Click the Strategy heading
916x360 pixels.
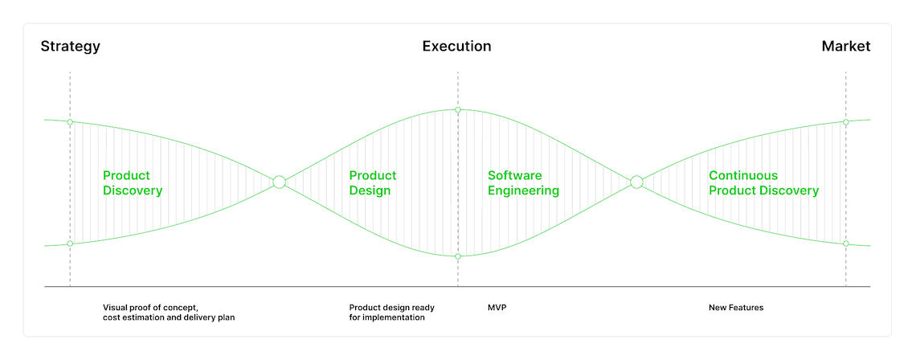click(x=70, y=47)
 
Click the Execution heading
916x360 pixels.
click(x=457, y=46)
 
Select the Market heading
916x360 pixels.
click(x=846, y=46)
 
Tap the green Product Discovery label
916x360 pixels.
click(x=133, y=183)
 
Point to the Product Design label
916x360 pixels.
click(x=373, y=183)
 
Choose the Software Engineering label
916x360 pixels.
click(x=523, y=183)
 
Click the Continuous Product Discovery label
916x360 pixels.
click(x=763, y=183)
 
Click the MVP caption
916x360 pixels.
click(x=497, y=308)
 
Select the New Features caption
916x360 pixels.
click(x=736, y=308)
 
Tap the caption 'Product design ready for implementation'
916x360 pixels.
click(x=392, y=313)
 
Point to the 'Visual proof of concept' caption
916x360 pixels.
click(x=155, y=308)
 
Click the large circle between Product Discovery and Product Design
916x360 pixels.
click(x=280, y=182)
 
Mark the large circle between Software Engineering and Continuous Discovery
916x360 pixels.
click(x=636, y=182)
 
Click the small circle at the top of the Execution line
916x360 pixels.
click(x=458, y=110)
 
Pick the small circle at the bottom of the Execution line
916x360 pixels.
click(x=458, y=256)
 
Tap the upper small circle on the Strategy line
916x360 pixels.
click(x=70, y=122)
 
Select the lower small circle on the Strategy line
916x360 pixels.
click(x=70, y=243)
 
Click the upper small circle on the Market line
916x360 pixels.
click(x=846, y=122)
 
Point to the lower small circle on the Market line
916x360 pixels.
click(x=846, y=243)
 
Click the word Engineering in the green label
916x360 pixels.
click(x=523, y=191)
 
